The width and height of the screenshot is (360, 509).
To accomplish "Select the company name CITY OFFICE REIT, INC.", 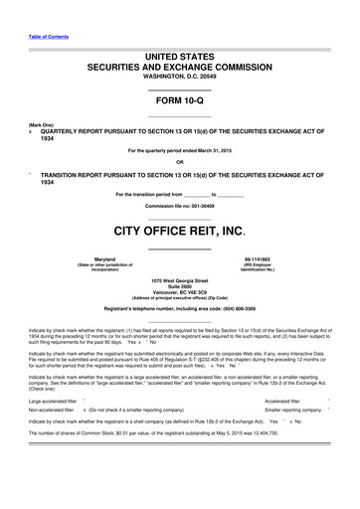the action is pyautogui.click(x=179, y=232).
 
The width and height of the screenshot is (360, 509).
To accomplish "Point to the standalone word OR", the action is pyautogui.click(x=179, y=162).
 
